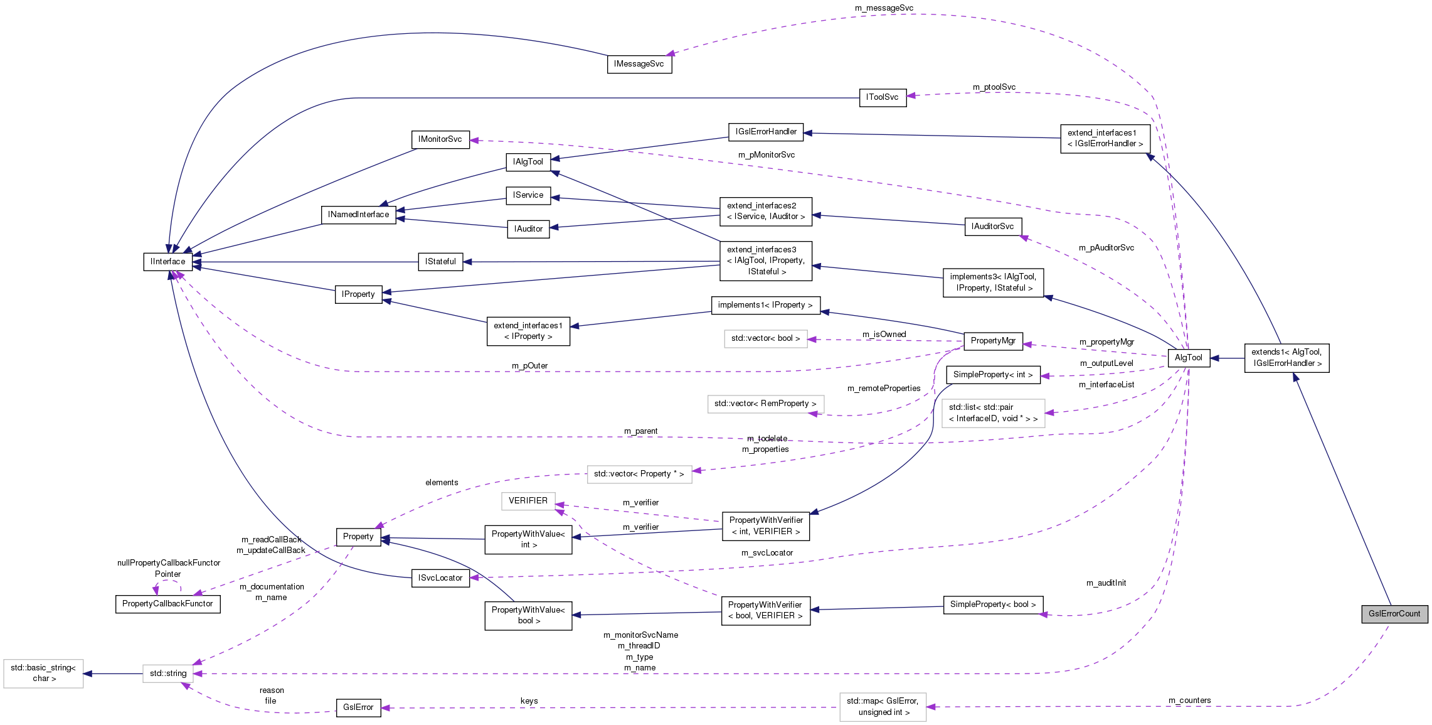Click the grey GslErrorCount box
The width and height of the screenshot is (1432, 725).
[x=1394, y=614]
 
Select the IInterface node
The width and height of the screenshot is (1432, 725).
[x=167, y=262]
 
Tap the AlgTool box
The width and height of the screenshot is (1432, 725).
[x=1188, y=358]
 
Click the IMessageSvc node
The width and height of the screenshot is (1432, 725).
[x=639, y=64]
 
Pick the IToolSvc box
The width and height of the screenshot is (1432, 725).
[x=882, y=97]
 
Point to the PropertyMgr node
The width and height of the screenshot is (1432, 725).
[x=992, y=341]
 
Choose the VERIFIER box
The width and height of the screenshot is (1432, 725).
[x=528, y=501]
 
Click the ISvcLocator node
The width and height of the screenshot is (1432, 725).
[x=440, y=578]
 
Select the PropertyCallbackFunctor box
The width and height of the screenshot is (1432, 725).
[x=167, y=604]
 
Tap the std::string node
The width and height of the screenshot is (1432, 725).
[x=167, y=674]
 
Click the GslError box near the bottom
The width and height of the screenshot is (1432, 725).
[x=358, y=707]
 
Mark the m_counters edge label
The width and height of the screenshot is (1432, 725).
[x=1189, y=701]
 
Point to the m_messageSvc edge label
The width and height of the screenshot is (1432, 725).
[x=884, y=8]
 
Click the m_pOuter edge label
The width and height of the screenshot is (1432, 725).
[x=529, y=366]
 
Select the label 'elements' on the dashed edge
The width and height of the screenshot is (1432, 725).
[x=442, y=483]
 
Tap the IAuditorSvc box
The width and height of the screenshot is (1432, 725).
[x=992, y=227]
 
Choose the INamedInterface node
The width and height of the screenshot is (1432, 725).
[x=358, y=215]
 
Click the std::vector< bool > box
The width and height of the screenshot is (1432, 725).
[x=765, y=338]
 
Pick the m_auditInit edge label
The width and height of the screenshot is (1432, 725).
[x=1106, y=583]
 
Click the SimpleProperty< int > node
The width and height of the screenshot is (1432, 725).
[x=992, y=375]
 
